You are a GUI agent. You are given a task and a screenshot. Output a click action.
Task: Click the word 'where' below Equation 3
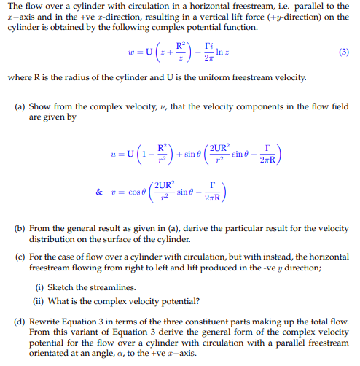[18, 77]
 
